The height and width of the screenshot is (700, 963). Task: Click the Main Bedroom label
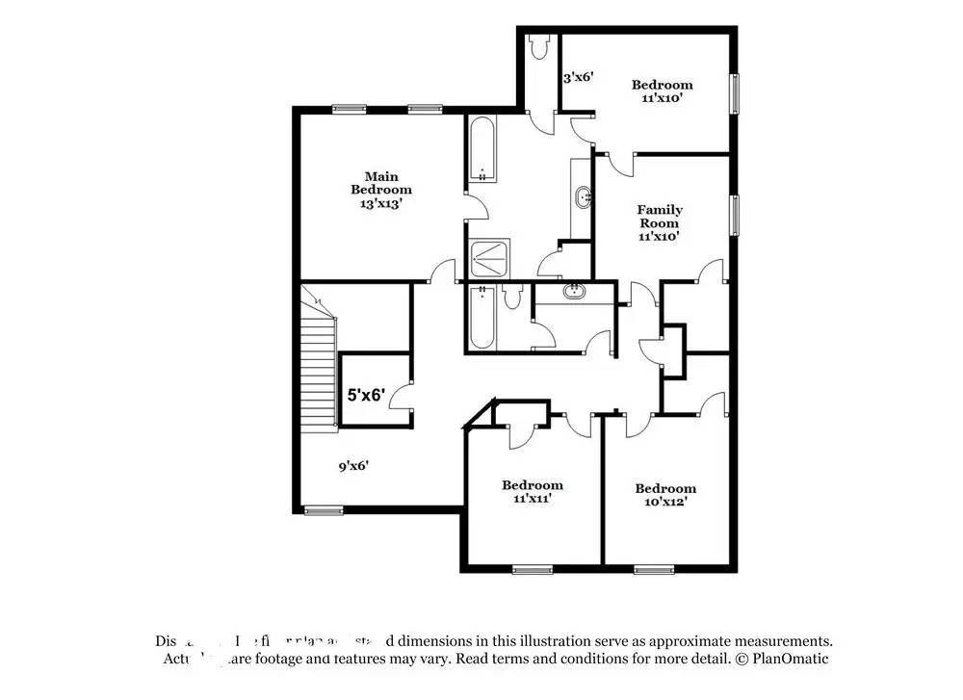tap(381, 190)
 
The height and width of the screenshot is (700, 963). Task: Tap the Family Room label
tap(660, 222)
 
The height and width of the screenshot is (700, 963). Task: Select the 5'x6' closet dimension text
tap(366, 394)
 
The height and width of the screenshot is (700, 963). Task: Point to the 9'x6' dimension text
tap(353, 466)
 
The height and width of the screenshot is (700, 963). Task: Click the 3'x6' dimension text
tap(578, 76)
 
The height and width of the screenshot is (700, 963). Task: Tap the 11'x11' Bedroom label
tap(532, 491)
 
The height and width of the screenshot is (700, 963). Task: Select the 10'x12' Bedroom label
tap(664, 495)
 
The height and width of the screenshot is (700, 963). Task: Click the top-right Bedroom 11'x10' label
tap(662, 91)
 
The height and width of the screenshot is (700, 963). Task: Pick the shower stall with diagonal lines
tap(490, 258)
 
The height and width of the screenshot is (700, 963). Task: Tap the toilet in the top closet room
tap(538, 45)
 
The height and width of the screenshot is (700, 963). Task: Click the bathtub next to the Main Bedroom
tap(481, 149)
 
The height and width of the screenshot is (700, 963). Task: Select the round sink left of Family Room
tap(584, 198)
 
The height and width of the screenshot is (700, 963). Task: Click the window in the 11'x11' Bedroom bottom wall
tap(532, 569)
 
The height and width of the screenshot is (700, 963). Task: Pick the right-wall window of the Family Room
tap(735, 214)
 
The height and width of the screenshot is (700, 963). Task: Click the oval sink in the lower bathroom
tap(574, 291)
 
